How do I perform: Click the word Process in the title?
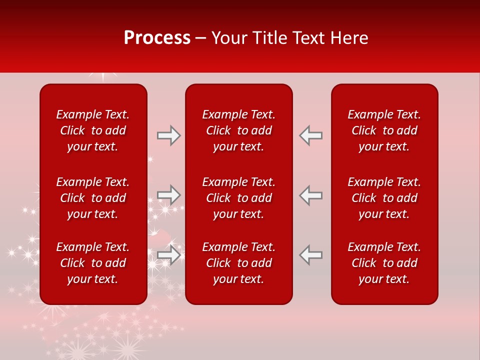point(157,38)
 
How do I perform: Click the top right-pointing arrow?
point(168,135)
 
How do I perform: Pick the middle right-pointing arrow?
point(168,195)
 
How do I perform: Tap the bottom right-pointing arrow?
point(168,254)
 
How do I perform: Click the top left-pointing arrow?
point(311,135)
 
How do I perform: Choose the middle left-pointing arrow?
point(311,195)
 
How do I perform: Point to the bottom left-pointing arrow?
point(311,254)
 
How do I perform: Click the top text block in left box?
point(93,130)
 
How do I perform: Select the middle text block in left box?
point(93,198)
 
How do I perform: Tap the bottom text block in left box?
point(93,263)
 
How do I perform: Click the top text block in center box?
point(239,130)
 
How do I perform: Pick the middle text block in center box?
point(239,198)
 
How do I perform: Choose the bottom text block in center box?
point(239,263)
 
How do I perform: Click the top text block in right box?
point(384,130)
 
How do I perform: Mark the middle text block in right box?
point(384,198)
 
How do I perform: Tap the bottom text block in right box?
point(384,263)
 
